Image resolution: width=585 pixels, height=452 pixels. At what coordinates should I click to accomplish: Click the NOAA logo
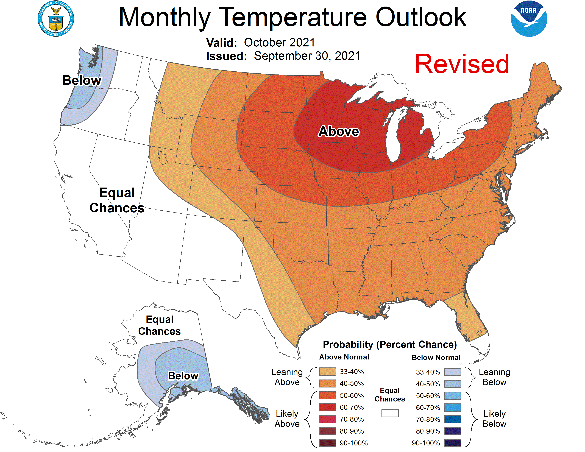tap(529, 19)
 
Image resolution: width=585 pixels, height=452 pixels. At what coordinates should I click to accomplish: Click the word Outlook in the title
tap(421, 17)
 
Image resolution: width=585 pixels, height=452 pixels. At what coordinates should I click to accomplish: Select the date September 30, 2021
tap(307, 56)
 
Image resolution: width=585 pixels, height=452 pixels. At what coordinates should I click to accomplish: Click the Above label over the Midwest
tap(339, 132)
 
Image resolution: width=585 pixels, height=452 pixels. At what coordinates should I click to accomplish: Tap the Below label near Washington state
tap(82, 80)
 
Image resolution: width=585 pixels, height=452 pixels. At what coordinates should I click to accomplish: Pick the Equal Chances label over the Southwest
tap(117, 200)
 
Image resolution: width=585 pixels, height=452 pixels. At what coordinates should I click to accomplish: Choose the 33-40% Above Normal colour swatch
tap(327, 372)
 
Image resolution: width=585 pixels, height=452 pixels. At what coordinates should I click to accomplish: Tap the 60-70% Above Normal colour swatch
tap(327, 407)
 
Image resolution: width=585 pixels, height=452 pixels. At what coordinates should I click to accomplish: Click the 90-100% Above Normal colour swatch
tap(327, 443)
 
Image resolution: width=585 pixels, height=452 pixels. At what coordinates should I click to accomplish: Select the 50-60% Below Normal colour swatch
tap(452, 395)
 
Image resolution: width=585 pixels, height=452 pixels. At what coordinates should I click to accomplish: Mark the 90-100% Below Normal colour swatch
tap(452, 443)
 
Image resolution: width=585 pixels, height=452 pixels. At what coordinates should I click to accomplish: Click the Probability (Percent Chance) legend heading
tap(390, 344)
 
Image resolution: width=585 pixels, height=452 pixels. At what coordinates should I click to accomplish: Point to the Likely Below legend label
tap(494, 419)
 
